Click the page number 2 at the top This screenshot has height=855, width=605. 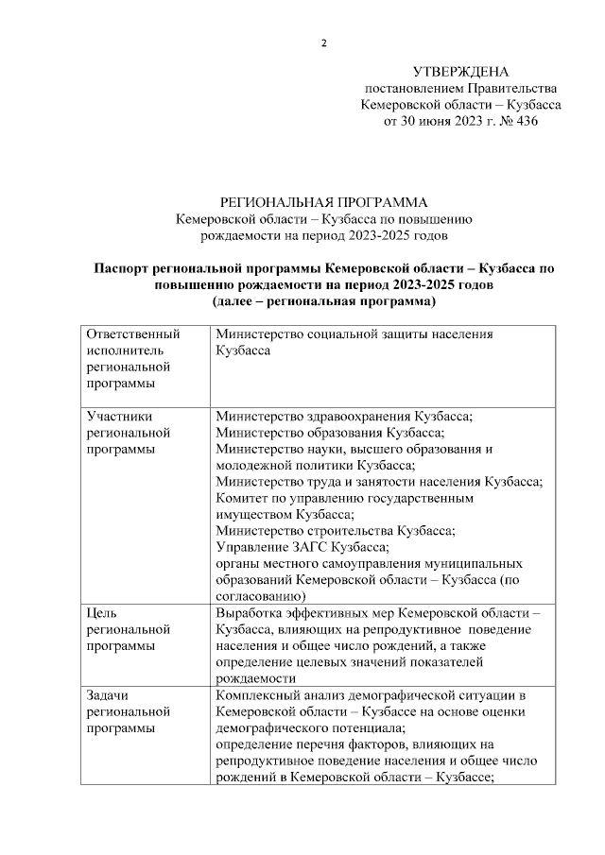click(323, 43)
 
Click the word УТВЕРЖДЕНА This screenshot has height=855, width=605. click(460, 72)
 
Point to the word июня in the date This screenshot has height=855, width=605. click(438, 123)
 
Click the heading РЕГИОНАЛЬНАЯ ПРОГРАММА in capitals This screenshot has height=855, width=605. click(323, 201)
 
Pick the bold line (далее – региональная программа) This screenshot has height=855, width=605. click(323, 302)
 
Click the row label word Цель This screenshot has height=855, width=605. click(102, 612)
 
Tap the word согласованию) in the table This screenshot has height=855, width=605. click(260, 596)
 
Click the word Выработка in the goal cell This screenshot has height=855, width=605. click(251, 612)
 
